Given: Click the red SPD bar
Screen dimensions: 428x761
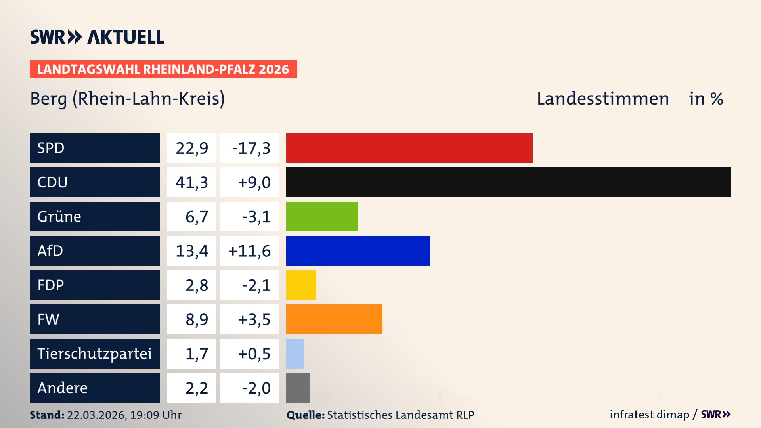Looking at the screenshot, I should [x=409, y=148].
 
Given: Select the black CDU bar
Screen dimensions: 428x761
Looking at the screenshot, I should [x=508, y=182].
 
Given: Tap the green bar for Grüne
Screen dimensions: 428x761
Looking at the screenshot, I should [x=322, y=216].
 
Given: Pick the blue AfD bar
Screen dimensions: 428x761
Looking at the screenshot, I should [x=358, y=250].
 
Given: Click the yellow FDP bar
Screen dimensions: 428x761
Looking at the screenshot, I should [x=301, y=285].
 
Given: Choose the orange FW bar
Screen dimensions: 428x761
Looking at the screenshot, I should [x=334, y=319].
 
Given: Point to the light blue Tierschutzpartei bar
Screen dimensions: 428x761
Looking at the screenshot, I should [x=295, y=353].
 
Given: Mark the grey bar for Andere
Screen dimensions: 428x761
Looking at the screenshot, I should [x=298, y=388].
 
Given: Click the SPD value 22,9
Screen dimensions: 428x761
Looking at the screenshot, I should [x=192, y=148].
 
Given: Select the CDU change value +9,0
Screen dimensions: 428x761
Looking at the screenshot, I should [x=254, y=182].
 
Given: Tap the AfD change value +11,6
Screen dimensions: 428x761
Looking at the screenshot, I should [x=249, y=251].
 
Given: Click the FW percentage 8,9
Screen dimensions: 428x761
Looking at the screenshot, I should [x=197, y=319].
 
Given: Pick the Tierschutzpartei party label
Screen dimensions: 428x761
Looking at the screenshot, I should [x=94, y=353].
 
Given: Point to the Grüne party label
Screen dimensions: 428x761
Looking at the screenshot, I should [x=59, y=216].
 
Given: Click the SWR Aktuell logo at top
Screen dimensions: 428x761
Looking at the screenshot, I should [x=97, y=37].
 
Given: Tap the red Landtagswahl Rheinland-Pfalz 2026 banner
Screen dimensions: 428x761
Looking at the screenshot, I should [x=163, y=69].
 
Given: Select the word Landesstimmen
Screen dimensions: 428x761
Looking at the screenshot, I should [x=602, y=99].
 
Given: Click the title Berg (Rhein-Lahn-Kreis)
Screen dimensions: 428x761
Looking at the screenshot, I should [x=127, y=99].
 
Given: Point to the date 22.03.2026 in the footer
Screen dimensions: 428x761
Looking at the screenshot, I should [x=96, y=415].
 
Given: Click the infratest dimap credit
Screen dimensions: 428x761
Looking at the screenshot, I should [x=649, y=415].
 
